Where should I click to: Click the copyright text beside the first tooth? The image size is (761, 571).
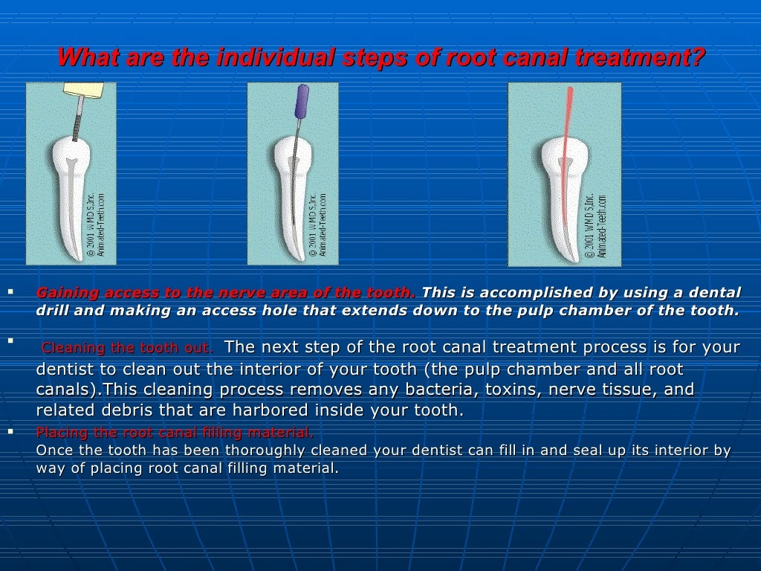click(96, 226)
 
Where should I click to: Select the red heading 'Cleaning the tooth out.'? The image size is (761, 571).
click(127, 348)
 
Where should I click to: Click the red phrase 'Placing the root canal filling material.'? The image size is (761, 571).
click(175, 433)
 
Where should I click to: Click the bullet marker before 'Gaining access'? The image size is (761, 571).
click(10, 291)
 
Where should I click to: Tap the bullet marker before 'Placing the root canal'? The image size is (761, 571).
click(10, 431)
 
